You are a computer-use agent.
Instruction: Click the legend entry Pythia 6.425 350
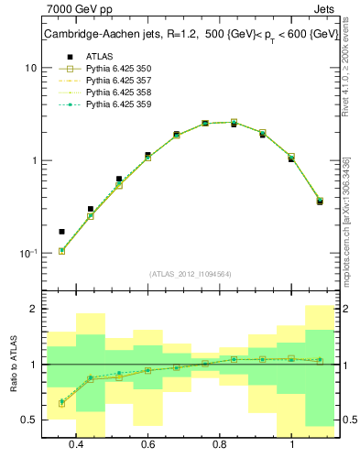pyautogui.click(x=117, y=69)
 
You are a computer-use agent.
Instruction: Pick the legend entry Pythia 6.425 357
pyautogui.click(x=117, y=81)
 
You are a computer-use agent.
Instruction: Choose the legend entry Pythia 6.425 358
pyautogui.click(x=117, y=93)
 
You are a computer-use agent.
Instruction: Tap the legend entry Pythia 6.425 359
pyautogui.click(x=117, y=104)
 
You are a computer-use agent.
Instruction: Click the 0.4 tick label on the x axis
pyautogui.click(x=76, y=444)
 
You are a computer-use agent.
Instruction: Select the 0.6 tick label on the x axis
pyautogui.click(x=147, y=444)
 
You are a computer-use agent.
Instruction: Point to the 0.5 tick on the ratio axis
pyautogui.click(x=28, y=420)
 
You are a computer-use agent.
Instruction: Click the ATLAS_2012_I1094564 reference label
pyautogui.click(x=191, y=273)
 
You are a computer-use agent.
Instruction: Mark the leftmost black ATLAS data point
pyautogui.click(x=62, y=232)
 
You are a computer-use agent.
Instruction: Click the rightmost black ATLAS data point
pyautogui.click(x=320, y=202)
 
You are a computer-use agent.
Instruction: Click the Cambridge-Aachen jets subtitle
pyautogui.click(x=191, y=35)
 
